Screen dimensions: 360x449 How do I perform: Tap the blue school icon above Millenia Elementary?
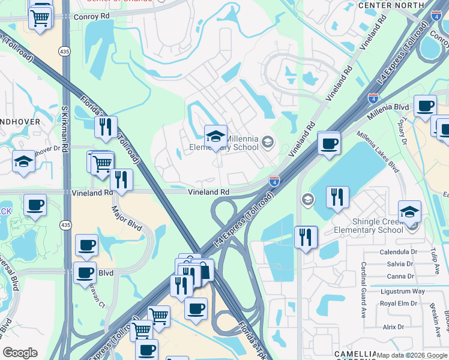point(215,136)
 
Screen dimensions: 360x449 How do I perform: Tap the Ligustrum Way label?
point(403,291)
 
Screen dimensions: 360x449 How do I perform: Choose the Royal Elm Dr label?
point(394,303)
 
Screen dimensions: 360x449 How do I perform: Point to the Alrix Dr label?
point(394,327)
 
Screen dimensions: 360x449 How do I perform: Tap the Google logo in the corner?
point(20,353)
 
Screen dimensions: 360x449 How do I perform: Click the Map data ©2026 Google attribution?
point(412,355)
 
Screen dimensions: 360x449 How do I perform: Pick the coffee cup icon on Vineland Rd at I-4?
point(328,144)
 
